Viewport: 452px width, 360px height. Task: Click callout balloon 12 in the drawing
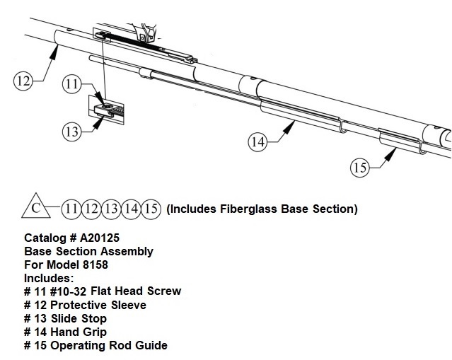[23, 81]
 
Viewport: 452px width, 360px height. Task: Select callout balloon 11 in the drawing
[71, 84]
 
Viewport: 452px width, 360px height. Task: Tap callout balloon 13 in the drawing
[71, 132]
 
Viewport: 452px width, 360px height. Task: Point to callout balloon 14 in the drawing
[257, 141]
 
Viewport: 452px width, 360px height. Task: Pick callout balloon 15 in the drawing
[360, 168]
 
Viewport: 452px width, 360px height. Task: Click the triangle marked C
[36, 206]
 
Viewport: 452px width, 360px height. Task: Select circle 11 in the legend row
[71, 209]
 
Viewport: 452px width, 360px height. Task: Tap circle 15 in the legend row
[151, 209]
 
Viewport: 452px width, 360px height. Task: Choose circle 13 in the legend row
[111, 209]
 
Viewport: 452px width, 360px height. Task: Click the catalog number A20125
[100, 238]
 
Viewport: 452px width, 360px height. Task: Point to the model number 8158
[95, 265]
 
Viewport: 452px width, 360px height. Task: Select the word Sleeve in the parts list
[129, 305]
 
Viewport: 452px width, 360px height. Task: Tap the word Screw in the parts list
[164, 291]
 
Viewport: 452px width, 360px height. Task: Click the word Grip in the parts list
[95, 332]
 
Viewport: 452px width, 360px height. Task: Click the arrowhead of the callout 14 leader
[289, 127]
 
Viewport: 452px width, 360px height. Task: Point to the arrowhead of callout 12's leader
[54, 52]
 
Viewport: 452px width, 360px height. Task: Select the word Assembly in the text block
[127, 251]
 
